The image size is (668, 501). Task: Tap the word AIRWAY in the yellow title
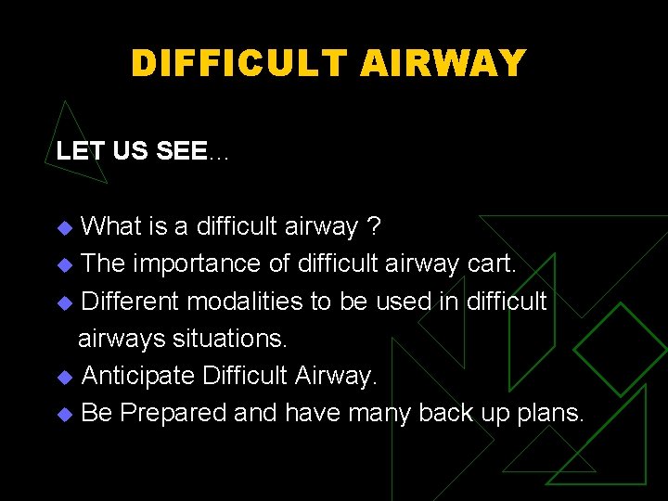point(443,63)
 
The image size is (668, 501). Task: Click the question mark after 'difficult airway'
point(373,226)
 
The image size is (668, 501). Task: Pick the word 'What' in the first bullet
point(111,226)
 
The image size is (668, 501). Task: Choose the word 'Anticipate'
point(137,376)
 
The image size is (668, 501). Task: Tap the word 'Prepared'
point(173,413)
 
